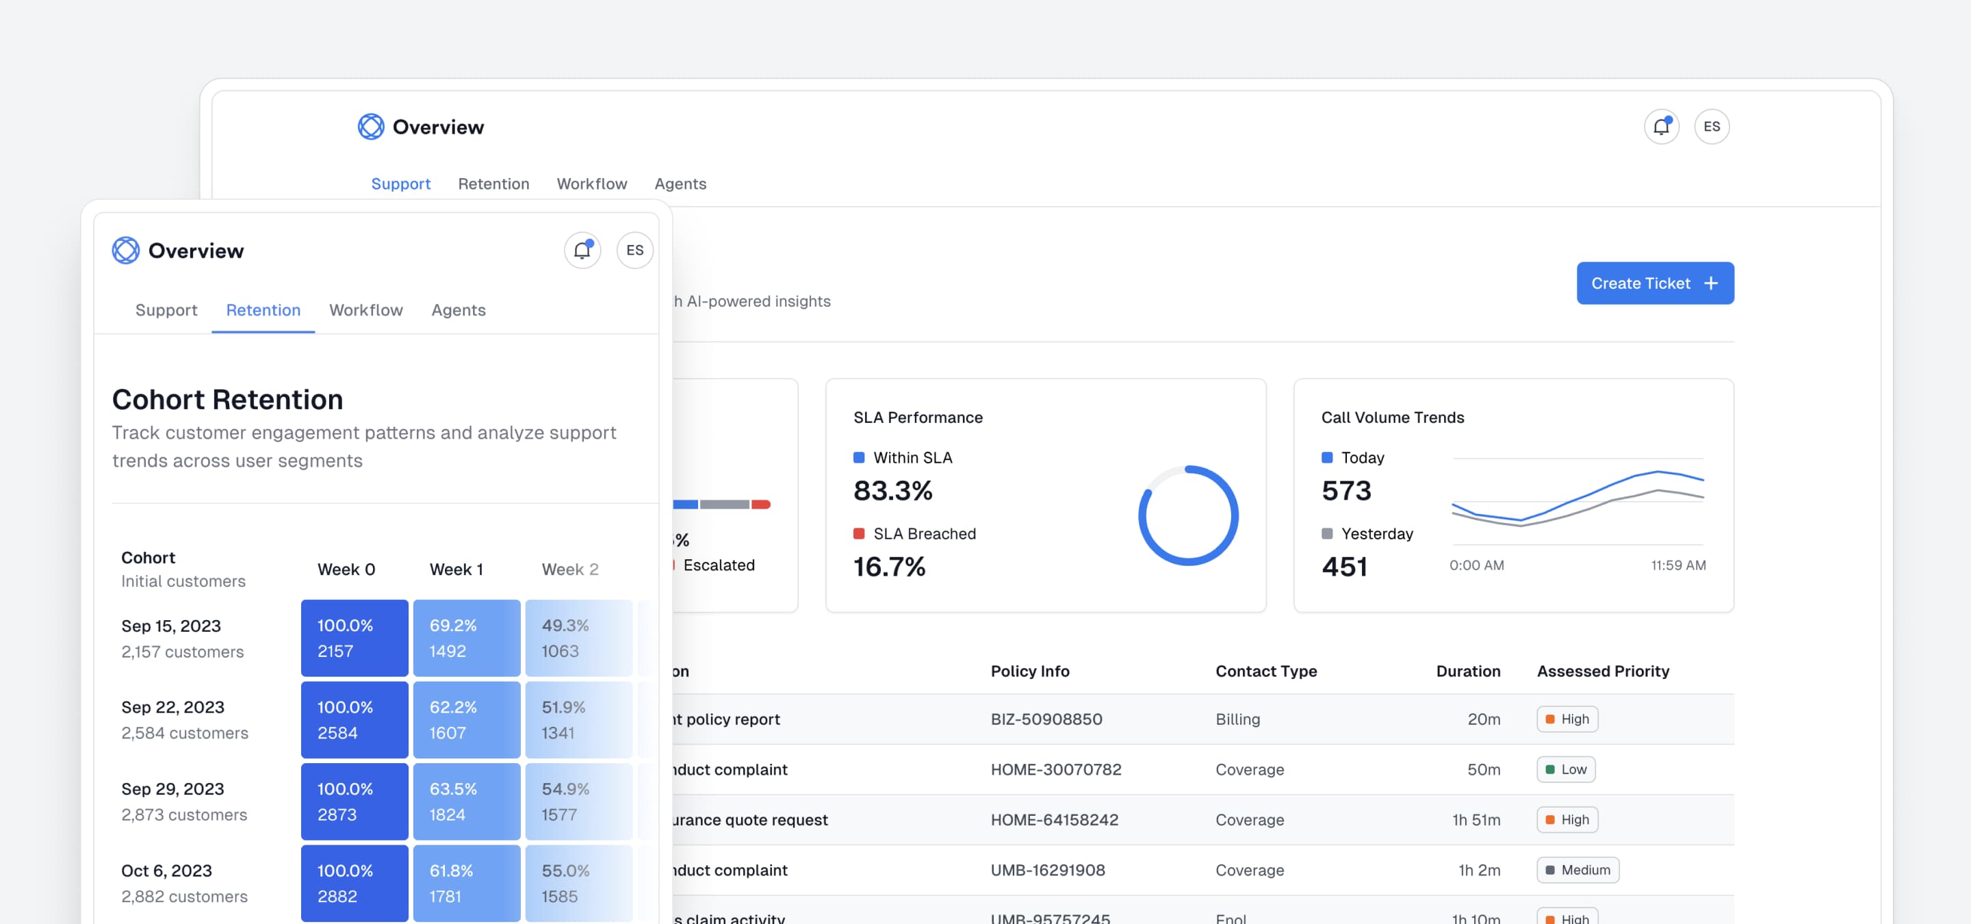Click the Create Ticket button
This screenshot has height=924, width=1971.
coord(1654,283)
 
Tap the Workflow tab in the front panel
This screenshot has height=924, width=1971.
coord(365,310)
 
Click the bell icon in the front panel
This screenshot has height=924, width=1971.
coord(582,250)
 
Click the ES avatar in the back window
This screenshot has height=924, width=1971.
coord(1711,126)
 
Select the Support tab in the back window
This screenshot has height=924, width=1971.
coord(400,183)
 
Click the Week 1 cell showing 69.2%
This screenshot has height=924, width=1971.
coord(466,637)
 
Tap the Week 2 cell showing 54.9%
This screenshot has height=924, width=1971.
coord(578,801)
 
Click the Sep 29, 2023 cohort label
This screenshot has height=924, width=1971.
coord(172,788)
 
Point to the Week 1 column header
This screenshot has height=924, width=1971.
coord(456,569)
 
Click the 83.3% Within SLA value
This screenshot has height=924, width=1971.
coord(892,490)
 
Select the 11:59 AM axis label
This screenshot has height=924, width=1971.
coord(1677,565)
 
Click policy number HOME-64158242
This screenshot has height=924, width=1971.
coord(1054,819)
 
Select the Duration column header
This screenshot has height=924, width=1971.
coord(1467,671)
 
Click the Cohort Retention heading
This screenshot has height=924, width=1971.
coord(227,399)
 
